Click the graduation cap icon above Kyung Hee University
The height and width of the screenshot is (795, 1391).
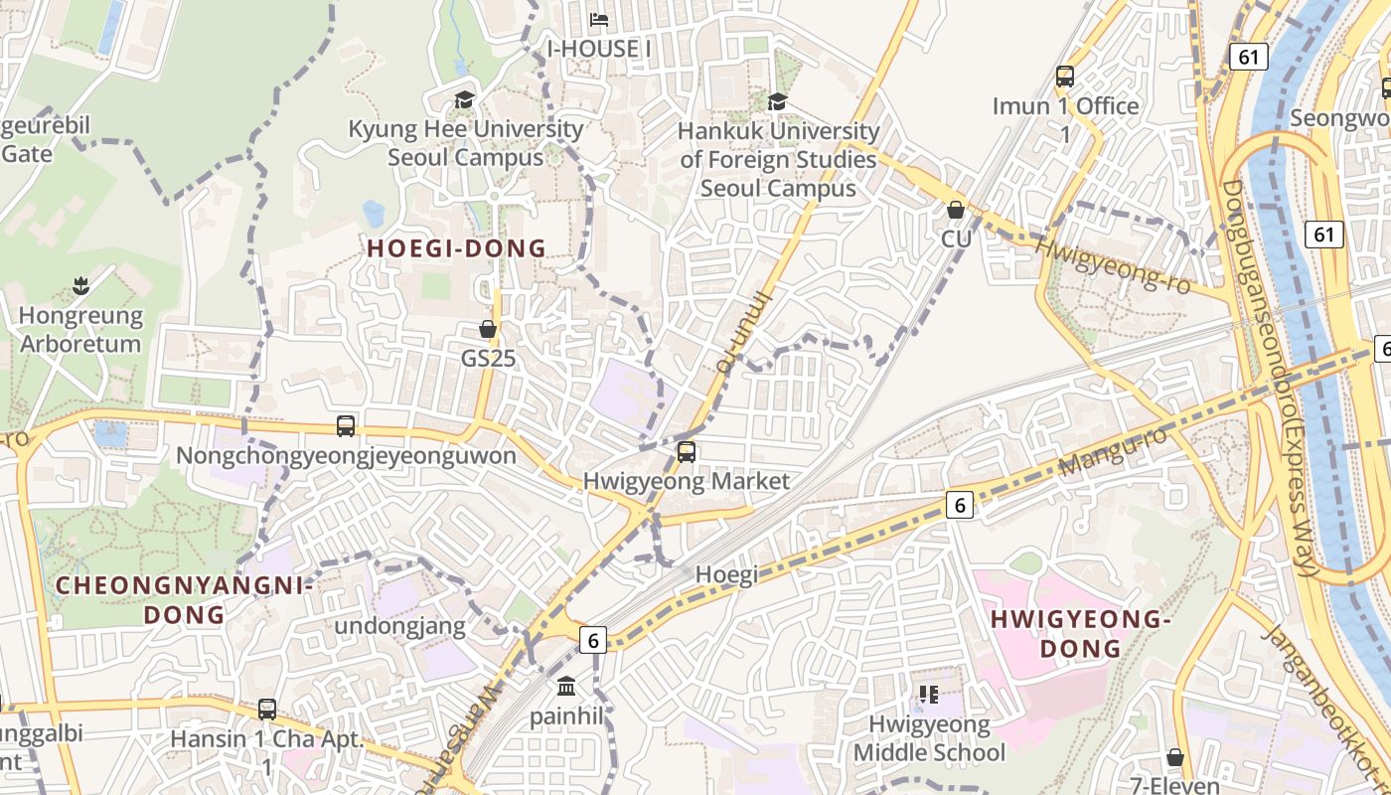464,99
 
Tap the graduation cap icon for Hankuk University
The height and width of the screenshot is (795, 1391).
777,101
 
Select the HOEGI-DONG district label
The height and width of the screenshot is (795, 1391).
457,248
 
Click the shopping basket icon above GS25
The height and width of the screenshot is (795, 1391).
488,328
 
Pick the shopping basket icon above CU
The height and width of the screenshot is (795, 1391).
956,210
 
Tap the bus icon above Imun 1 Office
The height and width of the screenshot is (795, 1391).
1065,77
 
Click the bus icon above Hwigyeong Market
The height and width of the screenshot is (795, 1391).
686,452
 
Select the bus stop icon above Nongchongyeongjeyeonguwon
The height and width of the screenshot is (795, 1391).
346,426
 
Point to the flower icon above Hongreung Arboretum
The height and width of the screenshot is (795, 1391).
80,288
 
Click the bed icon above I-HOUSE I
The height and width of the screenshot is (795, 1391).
599,19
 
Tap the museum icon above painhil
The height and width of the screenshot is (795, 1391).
566,686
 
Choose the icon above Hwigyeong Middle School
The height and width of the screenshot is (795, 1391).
929,694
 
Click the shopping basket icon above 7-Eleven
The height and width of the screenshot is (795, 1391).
1175,757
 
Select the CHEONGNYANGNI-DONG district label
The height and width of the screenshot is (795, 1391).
184,600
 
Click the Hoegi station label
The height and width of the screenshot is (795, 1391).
726,574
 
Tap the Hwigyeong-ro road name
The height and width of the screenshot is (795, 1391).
1113,264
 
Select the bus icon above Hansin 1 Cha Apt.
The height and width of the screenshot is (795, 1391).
267,710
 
